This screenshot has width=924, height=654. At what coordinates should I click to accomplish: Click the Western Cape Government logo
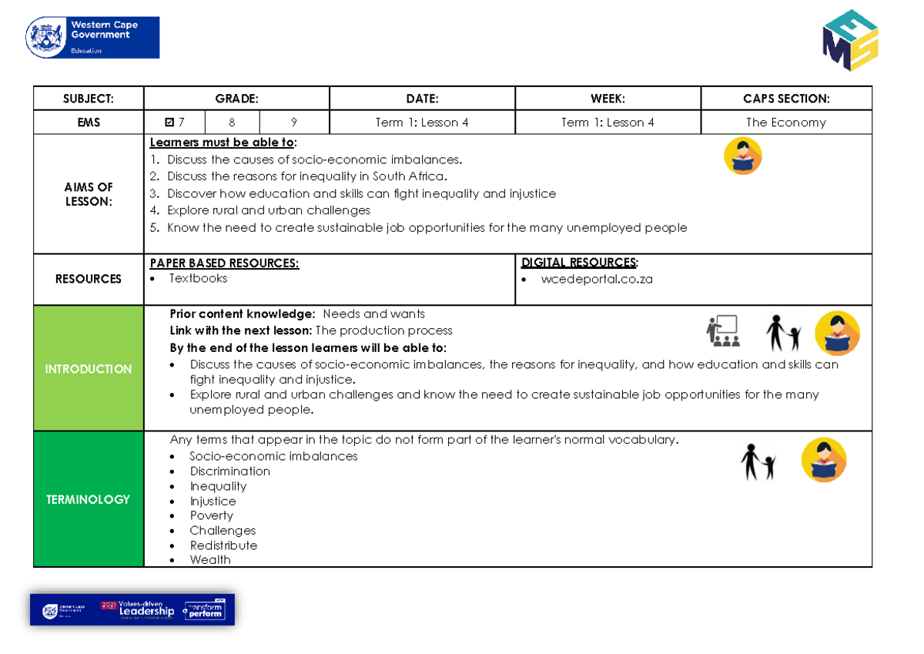click(92, 38)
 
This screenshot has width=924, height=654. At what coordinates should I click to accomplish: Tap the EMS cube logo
click(850, 41)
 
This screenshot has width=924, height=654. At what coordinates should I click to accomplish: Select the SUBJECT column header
click(89, 99)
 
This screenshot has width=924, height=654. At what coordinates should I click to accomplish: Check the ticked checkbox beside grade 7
click(170, 122)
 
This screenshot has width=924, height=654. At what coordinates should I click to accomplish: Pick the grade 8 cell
click(232, 122)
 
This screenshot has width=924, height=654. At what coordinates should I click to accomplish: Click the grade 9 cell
click(294, 122)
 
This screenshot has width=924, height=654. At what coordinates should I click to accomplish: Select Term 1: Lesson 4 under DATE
click(422, 122)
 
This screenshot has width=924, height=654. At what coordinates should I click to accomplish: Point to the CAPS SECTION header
click(786, 99)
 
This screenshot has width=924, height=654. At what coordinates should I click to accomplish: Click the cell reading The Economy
click(786, 122)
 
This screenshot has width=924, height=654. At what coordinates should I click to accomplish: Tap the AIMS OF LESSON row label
click(89, 194)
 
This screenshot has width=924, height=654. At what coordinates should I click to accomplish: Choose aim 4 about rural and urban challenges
click(268, 210)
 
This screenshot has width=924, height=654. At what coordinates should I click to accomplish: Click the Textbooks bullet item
click(198, 279)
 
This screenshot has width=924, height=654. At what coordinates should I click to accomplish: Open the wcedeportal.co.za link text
click(597, 280)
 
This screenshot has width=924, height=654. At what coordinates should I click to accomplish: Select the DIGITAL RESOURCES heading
click(579, 263)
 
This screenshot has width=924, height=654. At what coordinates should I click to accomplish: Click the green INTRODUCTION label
click(89, 369)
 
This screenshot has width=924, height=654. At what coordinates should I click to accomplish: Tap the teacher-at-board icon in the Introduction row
click(722, 331)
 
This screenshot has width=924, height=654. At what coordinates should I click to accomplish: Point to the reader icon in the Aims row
click(743, 156)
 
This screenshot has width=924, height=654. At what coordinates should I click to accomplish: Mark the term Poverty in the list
click(211, 516)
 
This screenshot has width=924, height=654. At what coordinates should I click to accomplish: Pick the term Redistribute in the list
click(223, 545)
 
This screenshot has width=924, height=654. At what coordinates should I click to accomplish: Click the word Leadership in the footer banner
click(146, 612)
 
